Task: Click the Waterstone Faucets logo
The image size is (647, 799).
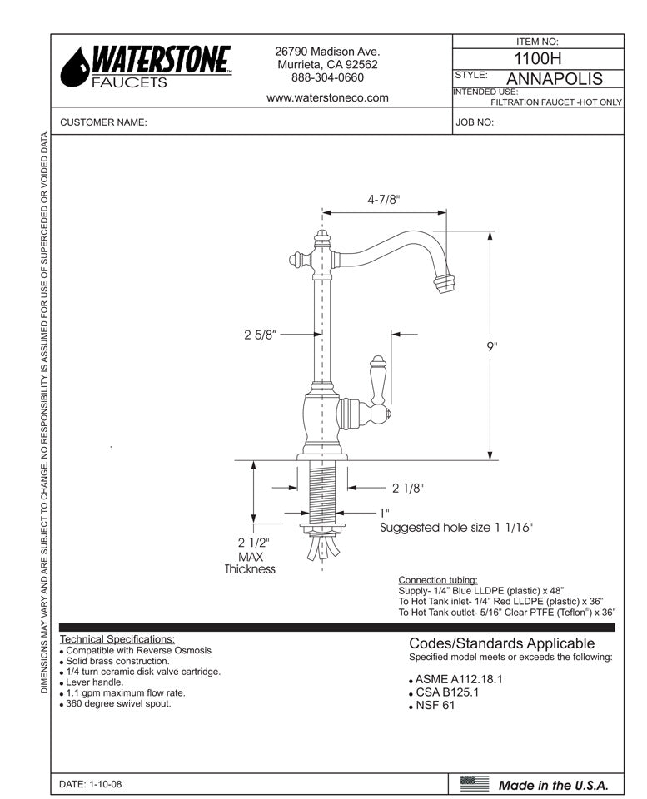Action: click(147, 66)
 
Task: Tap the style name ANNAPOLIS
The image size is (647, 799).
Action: click(554, 79)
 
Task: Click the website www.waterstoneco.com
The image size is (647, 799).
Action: click(327, 97)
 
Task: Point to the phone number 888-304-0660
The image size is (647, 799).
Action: click(327, 78)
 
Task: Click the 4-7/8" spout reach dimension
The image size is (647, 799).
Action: click(384, 200)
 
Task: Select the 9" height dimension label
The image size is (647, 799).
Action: click(493, 347)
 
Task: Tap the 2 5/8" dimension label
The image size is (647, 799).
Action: click(260, 335)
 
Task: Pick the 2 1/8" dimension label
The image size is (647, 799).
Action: click(408, 489)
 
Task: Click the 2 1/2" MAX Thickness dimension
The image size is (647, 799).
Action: click(249, 555)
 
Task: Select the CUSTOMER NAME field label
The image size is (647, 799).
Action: click(103, 122)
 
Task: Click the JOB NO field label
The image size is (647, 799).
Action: click(475, 122)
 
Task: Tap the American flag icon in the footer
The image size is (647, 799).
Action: click(475, 782)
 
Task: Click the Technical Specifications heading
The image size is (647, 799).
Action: click(117, 639)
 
